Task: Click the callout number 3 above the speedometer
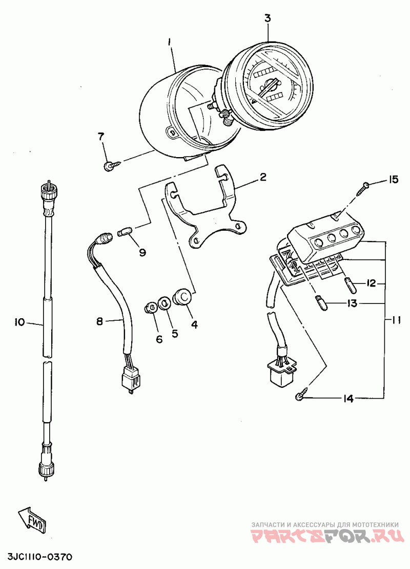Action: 268,18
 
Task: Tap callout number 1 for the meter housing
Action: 169,43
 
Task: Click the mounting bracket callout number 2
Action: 263,177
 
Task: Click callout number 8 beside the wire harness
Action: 99,321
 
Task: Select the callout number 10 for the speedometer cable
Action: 19,322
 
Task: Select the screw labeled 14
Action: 302,395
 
